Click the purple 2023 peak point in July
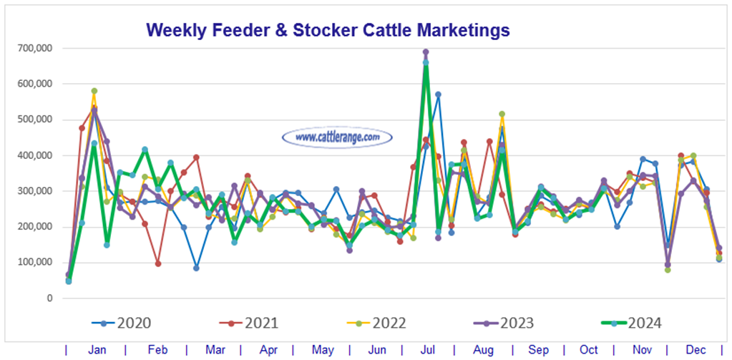[x=426, y=52]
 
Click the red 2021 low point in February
[x=157, y=263]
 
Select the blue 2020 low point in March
[x=196, y=268]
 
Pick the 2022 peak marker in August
[x=502, y=114]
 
